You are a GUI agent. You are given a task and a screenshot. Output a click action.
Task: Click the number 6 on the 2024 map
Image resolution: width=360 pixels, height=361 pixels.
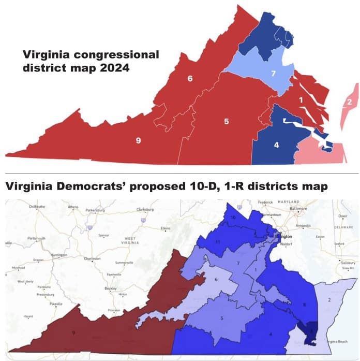(190, 79)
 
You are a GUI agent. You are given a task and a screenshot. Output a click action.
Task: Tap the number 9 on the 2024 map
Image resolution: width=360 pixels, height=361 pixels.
(138, 140)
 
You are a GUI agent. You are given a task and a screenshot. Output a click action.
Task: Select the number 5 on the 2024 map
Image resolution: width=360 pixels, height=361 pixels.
(226, 122)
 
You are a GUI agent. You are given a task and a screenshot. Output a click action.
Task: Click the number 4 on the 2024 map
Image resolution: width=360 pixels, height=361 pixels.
(276, 145)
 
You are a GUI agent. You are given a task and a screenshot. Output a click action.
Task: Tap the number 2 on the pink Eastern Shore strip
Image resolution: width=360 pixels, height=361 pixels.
(349, 102)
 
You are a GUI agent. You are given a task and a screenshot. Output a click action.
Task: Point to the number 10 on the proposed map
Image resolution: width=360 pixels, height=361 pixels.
(233, 218)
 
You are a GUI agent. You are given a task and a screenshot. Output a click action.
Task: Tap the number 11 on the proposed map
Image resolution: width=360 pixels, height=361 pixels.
(218, 242)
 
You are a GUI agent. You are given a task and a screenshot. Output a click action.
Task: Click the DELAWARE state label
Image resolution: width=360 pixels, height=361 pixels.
(343, 227)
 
